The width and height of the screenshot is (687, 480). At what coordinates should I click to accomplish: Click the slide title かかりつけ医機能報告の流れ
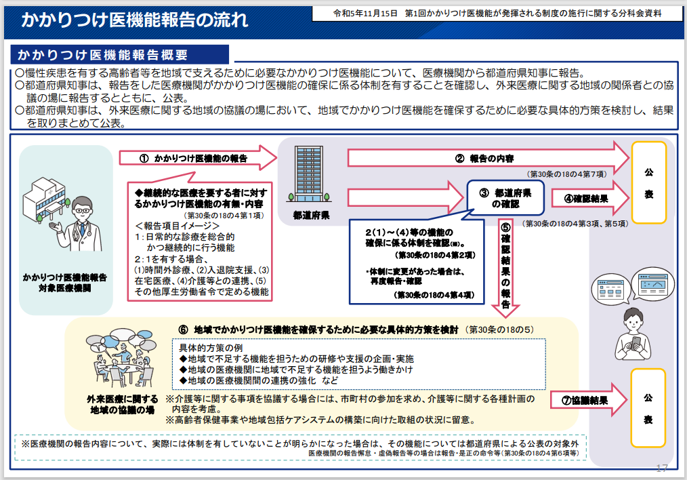point(134,20)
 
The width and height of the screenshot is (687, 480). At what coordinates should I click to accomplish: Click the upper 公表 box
point(648,182)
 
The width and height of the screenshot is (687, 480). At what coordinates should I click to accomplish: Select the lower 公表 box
point(648,409)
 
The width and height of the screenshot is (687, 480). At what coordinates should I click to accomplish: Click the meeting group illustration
point(121,359)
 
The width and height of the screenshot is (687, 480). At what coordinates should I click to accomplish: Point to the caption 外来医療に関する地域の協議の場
point(123,405)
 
